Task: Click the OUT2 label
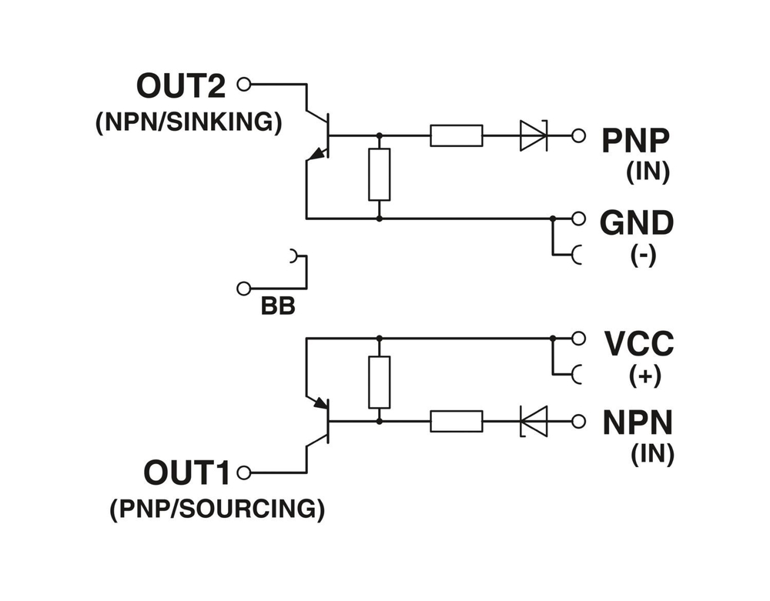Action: [x=181, y=85]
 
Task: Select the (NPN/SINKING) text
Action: [x=189, y=123]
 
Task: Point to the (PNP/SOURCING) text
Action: [x=217, y=509]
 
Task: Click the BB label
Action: [x=278, y=307]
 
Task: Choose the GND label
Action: [x=636, y=222]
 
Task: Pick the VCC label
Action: [x=638, y=342]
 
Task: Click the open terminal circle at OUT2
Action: [x=244, y=84]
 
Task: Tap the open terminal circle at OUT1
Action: [x=244, y=472]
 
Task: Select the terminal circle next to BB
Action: [x=244, y=288]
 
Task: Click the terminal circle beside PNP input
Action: [x=578, y=135]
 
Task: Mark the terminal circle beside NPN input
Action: [x=578, y=421]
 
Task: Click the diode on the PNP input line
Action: [x=533, y=135]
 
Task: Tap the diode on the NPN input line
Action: [x=533, y=421]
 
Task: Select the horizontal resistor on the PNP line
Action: [x=457, y=135]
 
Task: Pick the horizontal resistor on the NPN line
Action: [x=457, y=421]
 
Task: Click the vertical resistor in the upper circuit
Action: [x=379, y=175]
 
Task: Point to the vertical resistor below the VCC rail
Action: [x=379, y=382]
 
